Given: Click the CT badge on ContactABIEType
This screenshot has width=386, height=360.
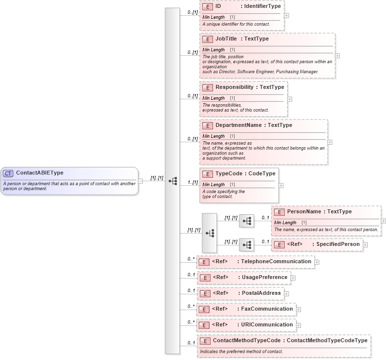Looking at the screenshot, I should pos(8,173).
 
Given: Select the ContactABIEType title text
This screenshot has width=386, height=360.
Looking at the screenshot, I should pos(40,173).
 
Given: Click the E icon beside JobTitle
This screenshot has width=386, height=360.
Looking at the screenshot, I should pos(208,39).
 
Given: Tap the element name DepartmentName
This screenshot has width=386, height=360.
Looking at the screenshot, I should pos(239,125).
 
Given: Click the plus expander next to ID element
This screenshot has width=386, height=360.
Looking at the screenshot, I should pos(287,15).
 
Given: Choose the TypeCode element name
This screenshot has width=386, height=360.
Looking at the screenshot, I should pos(227,174).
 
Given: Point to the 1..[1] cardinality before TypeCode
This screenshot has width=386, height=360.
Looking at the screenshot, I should pos(192,182).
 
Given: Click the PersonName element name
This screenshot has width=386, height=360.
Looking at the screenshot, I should pos(305,212).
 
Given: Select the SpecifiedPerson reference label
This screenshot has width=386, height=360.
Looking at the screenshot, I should pos(338,244).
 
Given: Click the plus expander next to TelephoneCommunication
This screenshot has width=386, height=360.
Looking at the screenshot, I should pos(317,262).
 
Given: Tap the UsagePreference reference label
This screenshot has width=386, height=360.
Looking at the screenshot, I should pos(264,278).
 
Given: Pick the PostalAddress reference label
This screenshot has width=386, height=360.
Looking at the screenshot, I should pos(261,293).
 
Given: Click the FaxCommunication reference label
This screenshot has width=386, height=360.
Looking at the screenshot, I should pos(267,309).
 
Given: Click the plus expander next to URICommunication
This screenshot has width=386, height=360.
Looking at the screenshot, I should pos(299,325).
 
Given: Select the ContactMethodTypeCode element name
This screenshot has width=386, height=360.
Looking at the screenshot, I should pos(247,341).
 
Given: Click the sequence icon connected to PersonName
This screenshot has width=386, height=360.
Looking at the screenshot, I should pos(247,221).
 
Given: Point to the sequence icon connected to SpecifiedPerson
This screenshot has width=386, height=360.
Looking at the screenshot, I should pos(247,245).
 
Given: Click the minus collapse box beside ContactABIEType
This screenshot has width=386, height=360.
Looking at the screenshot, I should pos(140,181).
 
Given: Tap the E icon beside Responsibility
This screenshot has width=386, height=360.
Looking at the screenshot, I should pos(208,87).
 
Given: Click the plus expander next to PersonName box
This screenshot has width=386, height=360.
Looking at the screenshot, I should pos(384,221).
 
